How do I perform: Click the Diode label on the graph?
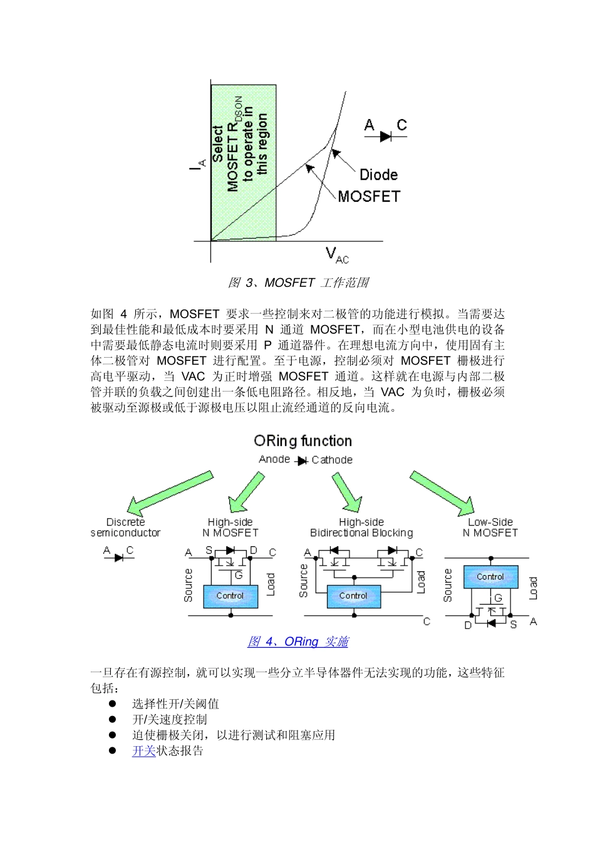378,175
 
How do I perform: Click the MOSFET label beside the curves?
368,197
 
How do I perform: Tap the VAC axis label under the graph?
337,255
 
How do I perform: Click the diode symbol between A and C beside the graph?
385,135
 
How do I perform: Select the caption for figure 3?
298,283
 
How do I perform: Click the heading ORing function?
303,441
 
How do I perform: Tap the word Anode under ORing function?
274,459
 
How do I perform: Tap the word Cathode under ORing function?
332,460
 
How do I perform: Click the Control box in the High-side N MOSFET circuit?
230,596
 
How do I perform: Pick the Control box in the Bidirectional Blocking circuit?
353,596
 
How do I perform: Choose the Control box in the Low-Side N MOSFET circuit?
490,576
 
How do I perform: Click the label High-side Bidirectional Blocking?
361,528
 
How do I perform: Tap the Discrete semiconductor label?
125,528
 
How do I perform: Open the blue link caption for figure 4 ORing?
298,642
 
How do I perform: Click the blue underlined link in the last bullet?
143,751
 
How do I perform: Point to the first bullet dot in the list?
113,704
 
